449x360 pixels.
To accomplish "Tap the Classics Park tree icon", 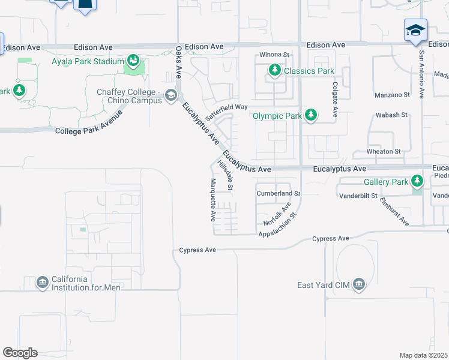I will pyautogui.click(x=275, y=71).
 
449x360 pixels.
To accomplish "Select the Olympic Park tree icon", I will pyautogui.click(x=311, y=115).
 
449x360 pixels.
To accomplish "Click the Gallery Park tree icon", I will pyautogui.click(x=417, y=181).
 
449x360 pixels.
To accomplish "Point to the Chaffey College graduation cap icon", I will pyautogui.click(x=171, y=95).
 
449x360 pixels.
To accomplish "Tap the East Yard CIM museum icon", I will pyautogui.click(x=358, y=284).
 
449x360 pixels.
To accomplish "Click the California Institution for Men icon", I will pyautogui.click(x=42, y=283).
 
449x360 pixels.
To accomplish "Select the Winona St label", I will pyautogui.click(x=274, y=55).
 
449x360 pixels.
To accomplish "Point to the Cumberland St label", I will pyautogui.click(x=278, y=194).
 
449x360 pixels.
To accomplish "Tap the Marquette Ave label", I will pyautogui.click(x=212, y=200).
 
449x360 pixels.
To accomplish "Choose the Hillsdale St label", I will pyautogui.click(x=225, y=175).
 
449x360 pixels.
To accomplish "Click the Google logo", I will pyautogui.click(x=20, y=353).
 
